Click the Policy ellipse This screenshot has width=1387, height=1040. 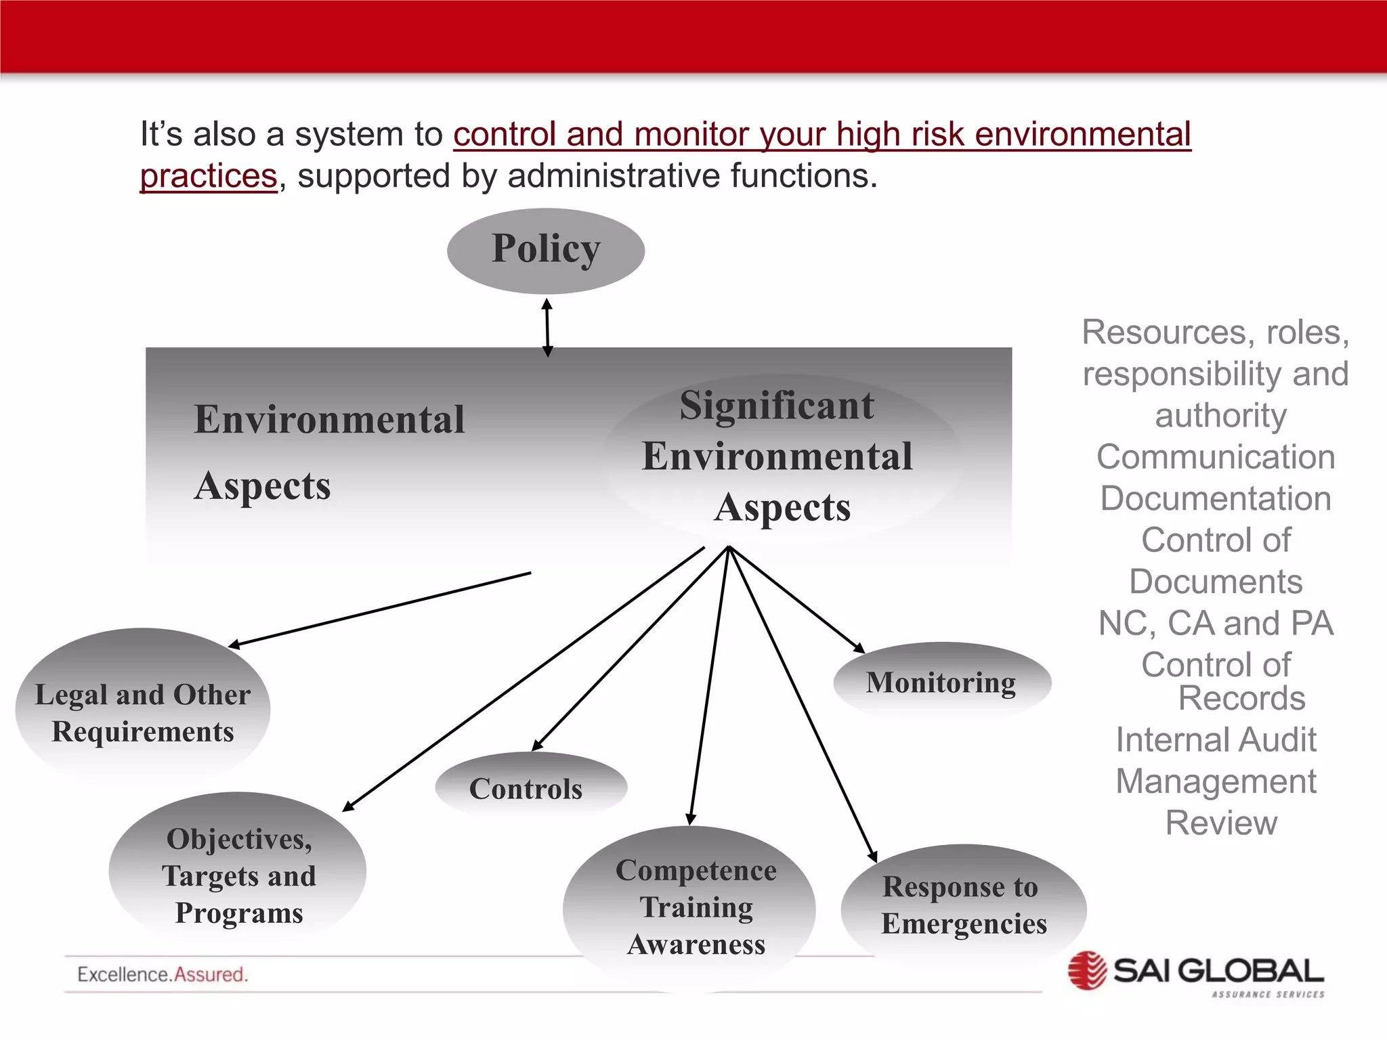tap(546, 251)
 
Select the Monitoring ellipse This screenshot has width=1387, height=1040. tap(941, 682)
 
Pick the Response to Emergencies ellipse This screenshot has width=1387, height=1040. tap(964, 905)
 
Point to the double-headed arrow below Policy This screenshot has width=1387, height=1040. tap(547, 328)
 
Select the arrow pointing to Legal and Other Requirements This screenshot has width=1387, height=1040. tap(379, 610)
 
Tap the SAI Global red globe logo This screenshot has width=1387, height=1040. tap(1087, 971)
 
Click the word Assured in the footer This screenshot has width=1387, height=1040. tap(211, 975)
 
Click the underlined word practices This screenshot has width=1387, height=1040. tap(209, 176)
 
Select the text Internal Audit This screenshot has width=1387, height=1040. tap(1216, 739)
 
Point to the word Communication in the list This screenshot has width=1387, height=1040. tap(1216, 457)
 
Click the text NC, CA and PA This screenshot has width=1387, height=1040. tap(1216, 624)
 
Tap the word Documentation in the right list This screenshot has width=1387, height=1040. tap(1216, 499)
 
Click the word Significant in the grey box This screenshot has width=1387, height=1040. tap(777, 406)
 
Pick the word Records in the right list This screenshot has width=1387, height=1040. tap(1241, 699)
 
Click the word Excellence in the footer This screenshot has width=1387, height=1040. tap(123, 975)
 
